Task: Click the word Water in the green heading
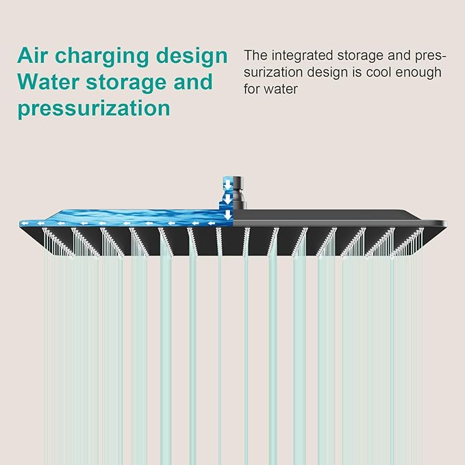[49, 82]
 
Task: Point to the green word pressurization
[94, 108]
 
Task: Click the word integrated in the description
[302, 56]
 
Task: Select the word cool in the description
[379, 73]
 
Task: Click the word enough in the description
[418, 73]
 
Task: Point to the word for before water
[253, 89]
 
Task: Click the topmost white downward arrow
[227, 185]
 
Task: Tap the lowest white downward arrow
[228, 215]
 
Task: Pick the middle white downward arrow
[227, 199]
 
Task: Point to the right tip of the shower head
[447, 223]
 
